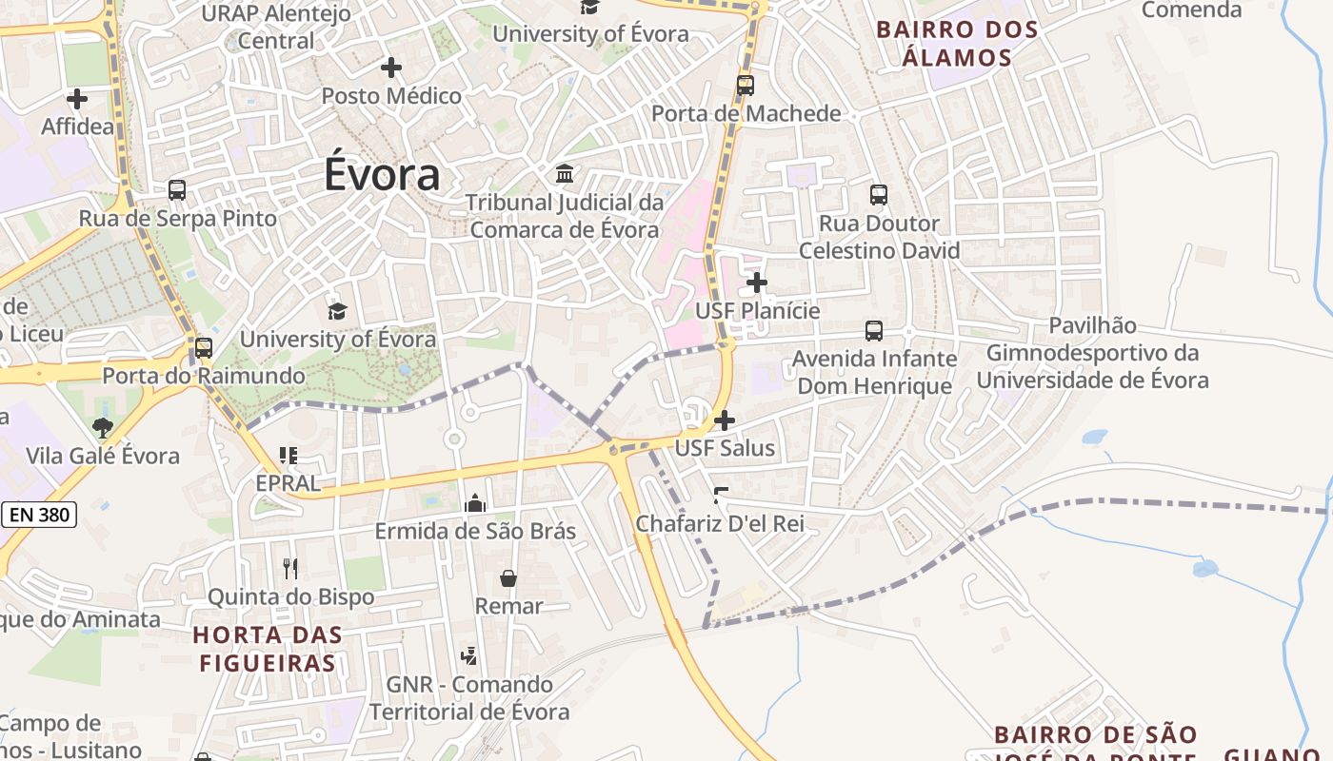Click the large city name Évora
tap(382, 174)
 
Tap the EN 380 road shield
tap(39, 515)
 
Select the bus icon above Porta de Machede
tap(746, 86)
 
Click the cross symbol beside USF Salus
tap(725, 420)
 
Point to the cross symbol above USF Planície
tap(757, 283)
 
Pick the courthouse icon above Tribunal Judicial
tap(565, 174)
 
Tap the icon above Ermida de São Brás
tap(475, 503)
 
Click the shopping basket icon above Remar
tap(508, 578)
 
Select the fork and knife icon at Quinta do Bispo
tap(290, 569)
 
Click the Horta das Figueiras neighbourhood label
tap(268, 648)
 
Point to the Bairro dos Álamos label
tap(957, 43)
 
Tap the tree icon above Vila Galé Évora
tap(103, 428)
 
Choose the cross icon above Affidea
tap(77, 98)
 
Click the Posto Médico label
tap(391, 96)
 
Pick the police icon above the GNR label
tap(468, 655)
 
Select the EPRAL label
tap(288, 483)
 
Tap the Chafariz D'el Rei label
tap(720, 523)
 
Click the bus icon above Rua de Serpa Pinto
tap(177, 189)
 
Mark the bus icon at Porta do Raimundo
tap(204, 348)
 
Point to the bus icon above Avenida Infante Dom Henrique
tap(874, 331)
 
